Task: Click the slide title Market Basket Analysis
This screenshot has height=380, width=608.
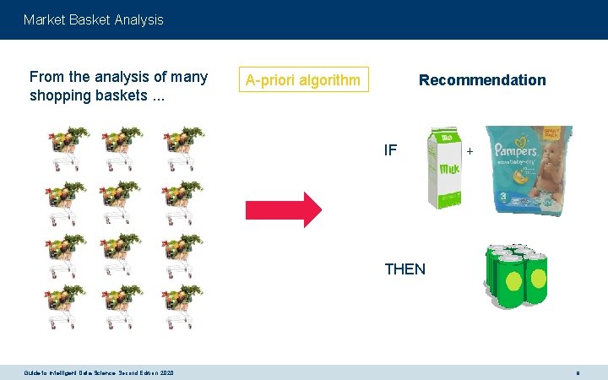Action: tap(94, 19)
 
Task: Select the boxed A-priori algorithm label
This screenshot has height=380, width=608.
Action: tap(304, 80)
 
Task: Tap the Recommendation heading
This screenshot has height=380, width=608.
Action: tap(482, 80)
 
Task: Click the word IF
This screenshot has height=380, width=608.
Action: tap(390, 151)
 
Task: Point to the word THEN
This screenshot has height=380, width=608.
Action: tap(404, 269)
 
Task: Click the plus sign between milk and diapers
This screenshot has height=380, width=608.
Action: tap(470, 151)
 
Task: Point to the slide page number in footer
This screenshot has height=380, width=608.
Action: tap(578, 372)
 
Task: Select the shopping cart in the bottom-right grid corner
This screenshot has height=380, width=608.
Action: tap(182, 307)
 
